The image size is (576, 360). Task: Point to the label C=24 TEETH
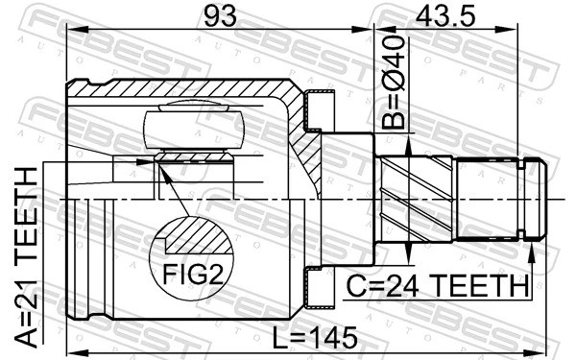pyautogui.click(x=438, y=286)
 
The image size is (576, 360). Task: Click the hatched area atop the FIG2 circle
pyautogui.click(x=198, y=232)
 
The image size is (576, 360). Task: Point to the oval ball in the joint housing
pyautogui.click(x=191, y=130)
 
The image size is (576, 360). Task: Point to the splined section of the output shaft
pyautogui.click(x=490, y=200)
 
